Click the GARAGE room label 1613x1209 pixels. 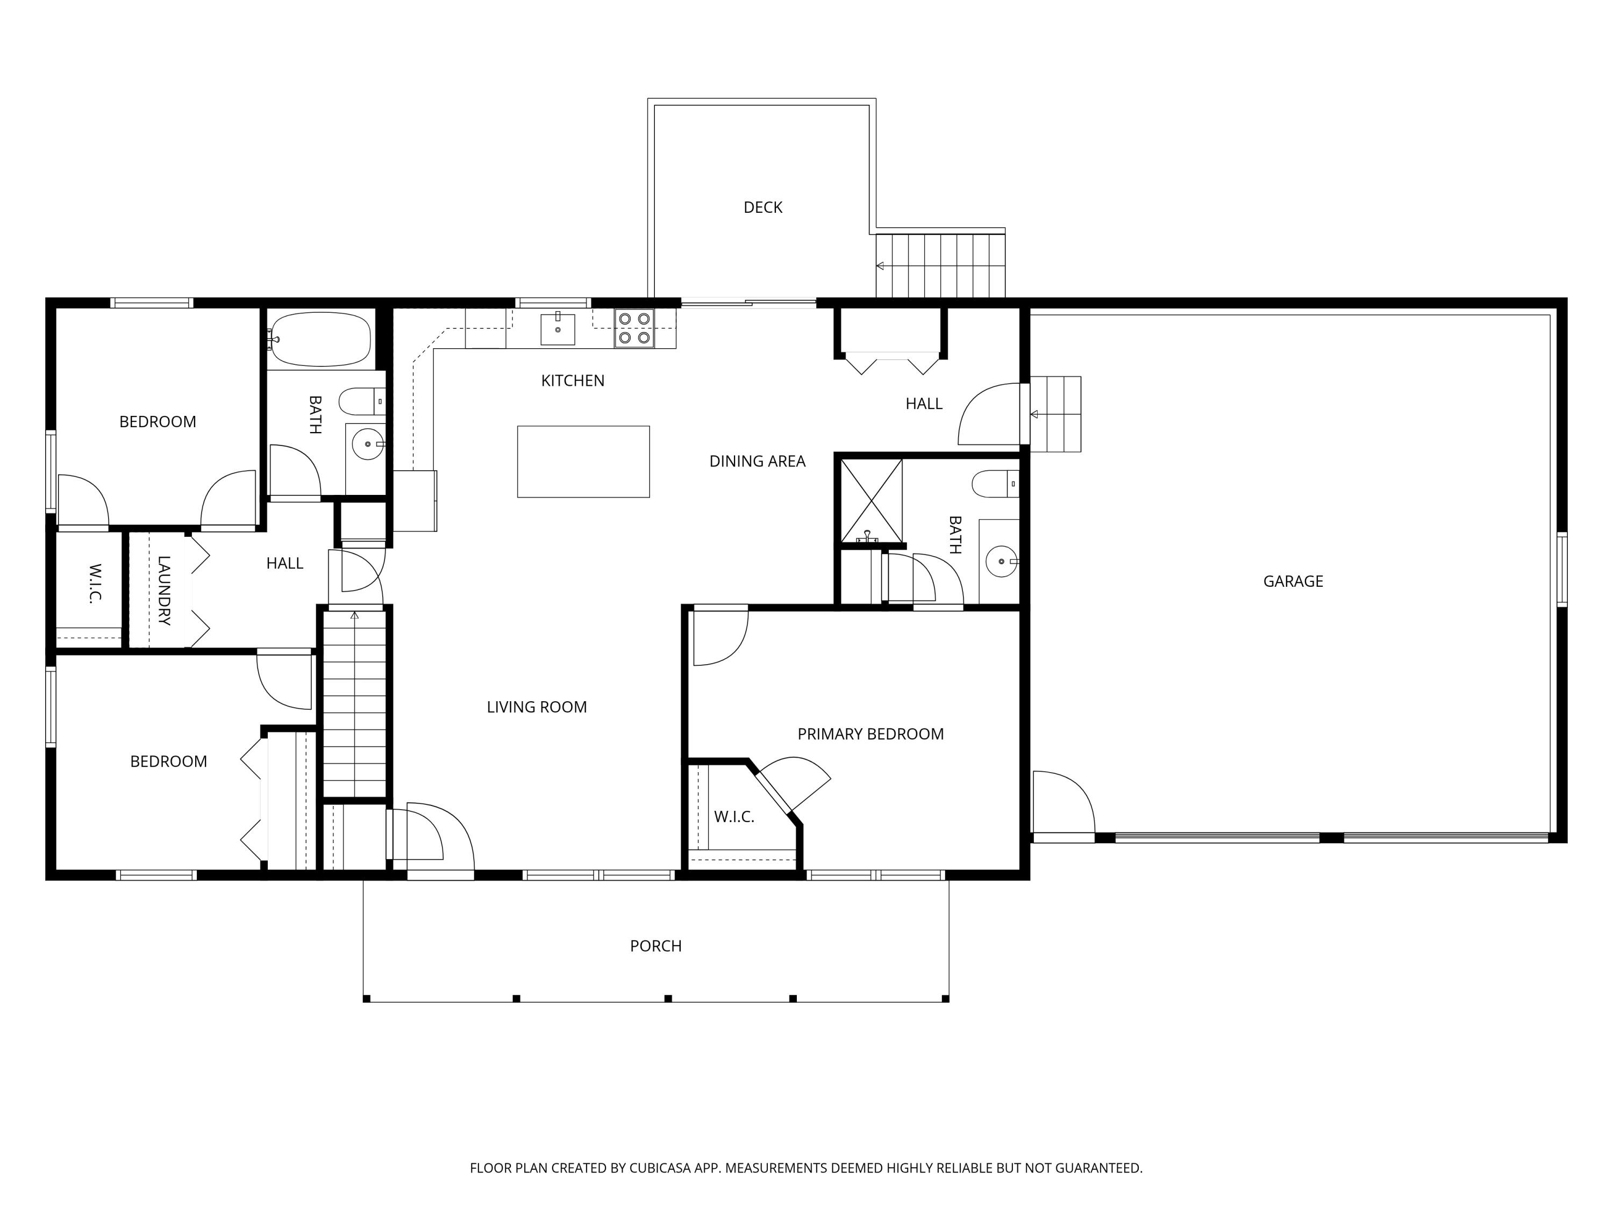pyautogui.click(x=1293, y=581)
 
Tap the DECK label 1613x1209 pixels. pyautogui.click(x=763, y=208)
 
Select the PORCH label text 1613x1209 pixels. pyautogui.click(x=655, y=946)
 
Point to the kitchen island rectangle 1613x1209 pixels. pyautogui.click(x=583, y=462)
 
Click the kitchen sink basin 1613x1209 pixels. pyautogui.click(x=558, y=329)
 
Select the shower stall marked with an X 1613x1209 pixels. pyautogui.click(x=872, y=501)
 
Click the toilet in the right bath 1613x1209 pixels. pyautogui.click(x=995, y=484)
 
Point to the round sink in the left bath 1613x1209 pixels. pyautogui.click(x=368, y=444)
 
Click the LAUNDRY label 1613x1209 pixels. pyautogui.click(x=164, y=591)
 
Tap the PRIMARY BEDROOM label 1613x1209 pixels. pyautogui.click(x=870, y=734)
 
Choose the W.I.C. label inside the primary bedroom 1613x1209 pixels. pyautogui.click(x=733, y=817)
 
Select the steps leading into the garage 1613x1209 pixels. pyautogui.click(x=1055, y=414)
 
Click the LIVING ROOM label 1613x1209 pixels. pyautogui.click(x=537, y=707)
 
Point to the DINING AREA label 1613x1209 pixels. pyautogui.click(x=757, y=461)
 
